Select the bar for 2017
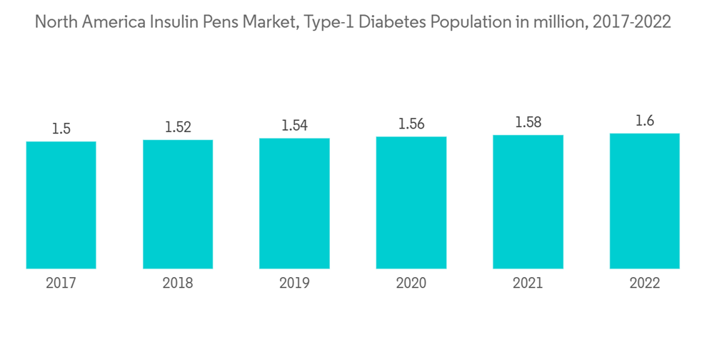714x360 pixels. pyautogui.click(x=61, y=205)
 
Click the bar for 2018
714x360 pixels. pyautogui.click(x=178, y=204)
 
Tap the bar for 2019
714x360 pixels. pyautogui.click(x=294, y=204)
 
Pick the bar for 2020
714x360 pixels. pyautogui.click(x=411, y=203)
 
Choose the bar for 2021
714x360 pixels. pyautogui.click(x=528, y=202)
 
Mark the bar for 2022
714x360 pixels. pyautogui.click(x=645, y=201)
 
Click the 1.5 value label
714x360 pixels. pyautogui.click(x=61, y=129)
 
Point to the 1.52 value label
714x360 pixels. pyautogui.click(x=178, y=127)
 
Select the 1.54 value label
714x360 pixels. pyautogui.click(x=294, y=126)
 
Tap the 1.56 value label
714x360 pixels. pyautogui.click(x=411, y=124)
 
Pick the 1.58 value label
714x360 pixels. pyautogui.click(x=528, y=123)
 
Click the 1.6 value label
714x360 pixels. pyautogui.click(x=645, y=121)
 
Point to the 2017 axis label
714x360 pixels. pyautogui.click(x=61, y=284)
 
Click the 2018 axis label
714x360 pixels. pyautogui.click(x=178, y=284)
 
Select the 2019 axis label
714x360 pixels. pyautogui.click(x=294, y=284)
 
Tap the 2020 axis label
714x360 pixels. pyautogui.click(x=411, y=284)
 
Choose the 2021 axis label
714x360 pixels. pyautogui.click(x=528, y=284)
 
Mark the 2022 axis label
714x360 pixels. pyautogui.click(x=645, y=284)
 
